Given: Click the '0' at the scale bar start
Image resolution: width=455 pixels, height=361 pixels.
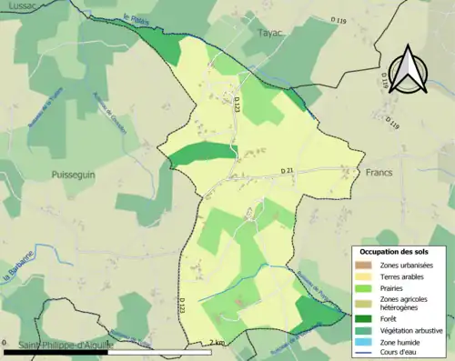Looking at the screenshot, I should coord(6,342).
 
